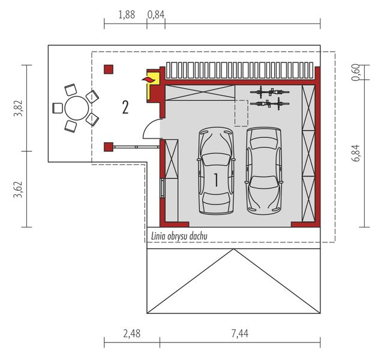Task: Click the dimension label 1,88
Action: coord(126,14)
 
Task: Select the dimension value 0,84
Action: coord(156,14)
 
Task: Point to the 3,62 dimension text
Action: coord(17,189)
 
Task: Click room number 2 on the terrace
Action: coord(125,107)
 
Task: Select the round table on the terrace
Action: coord(76,109)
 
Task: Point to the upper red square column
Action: coord(108,70)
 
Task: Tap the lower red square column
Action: coord(108,146)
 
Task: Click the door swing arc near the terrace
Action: coord(151,127)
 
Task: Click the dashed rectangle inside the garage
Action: coord(241,113)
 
